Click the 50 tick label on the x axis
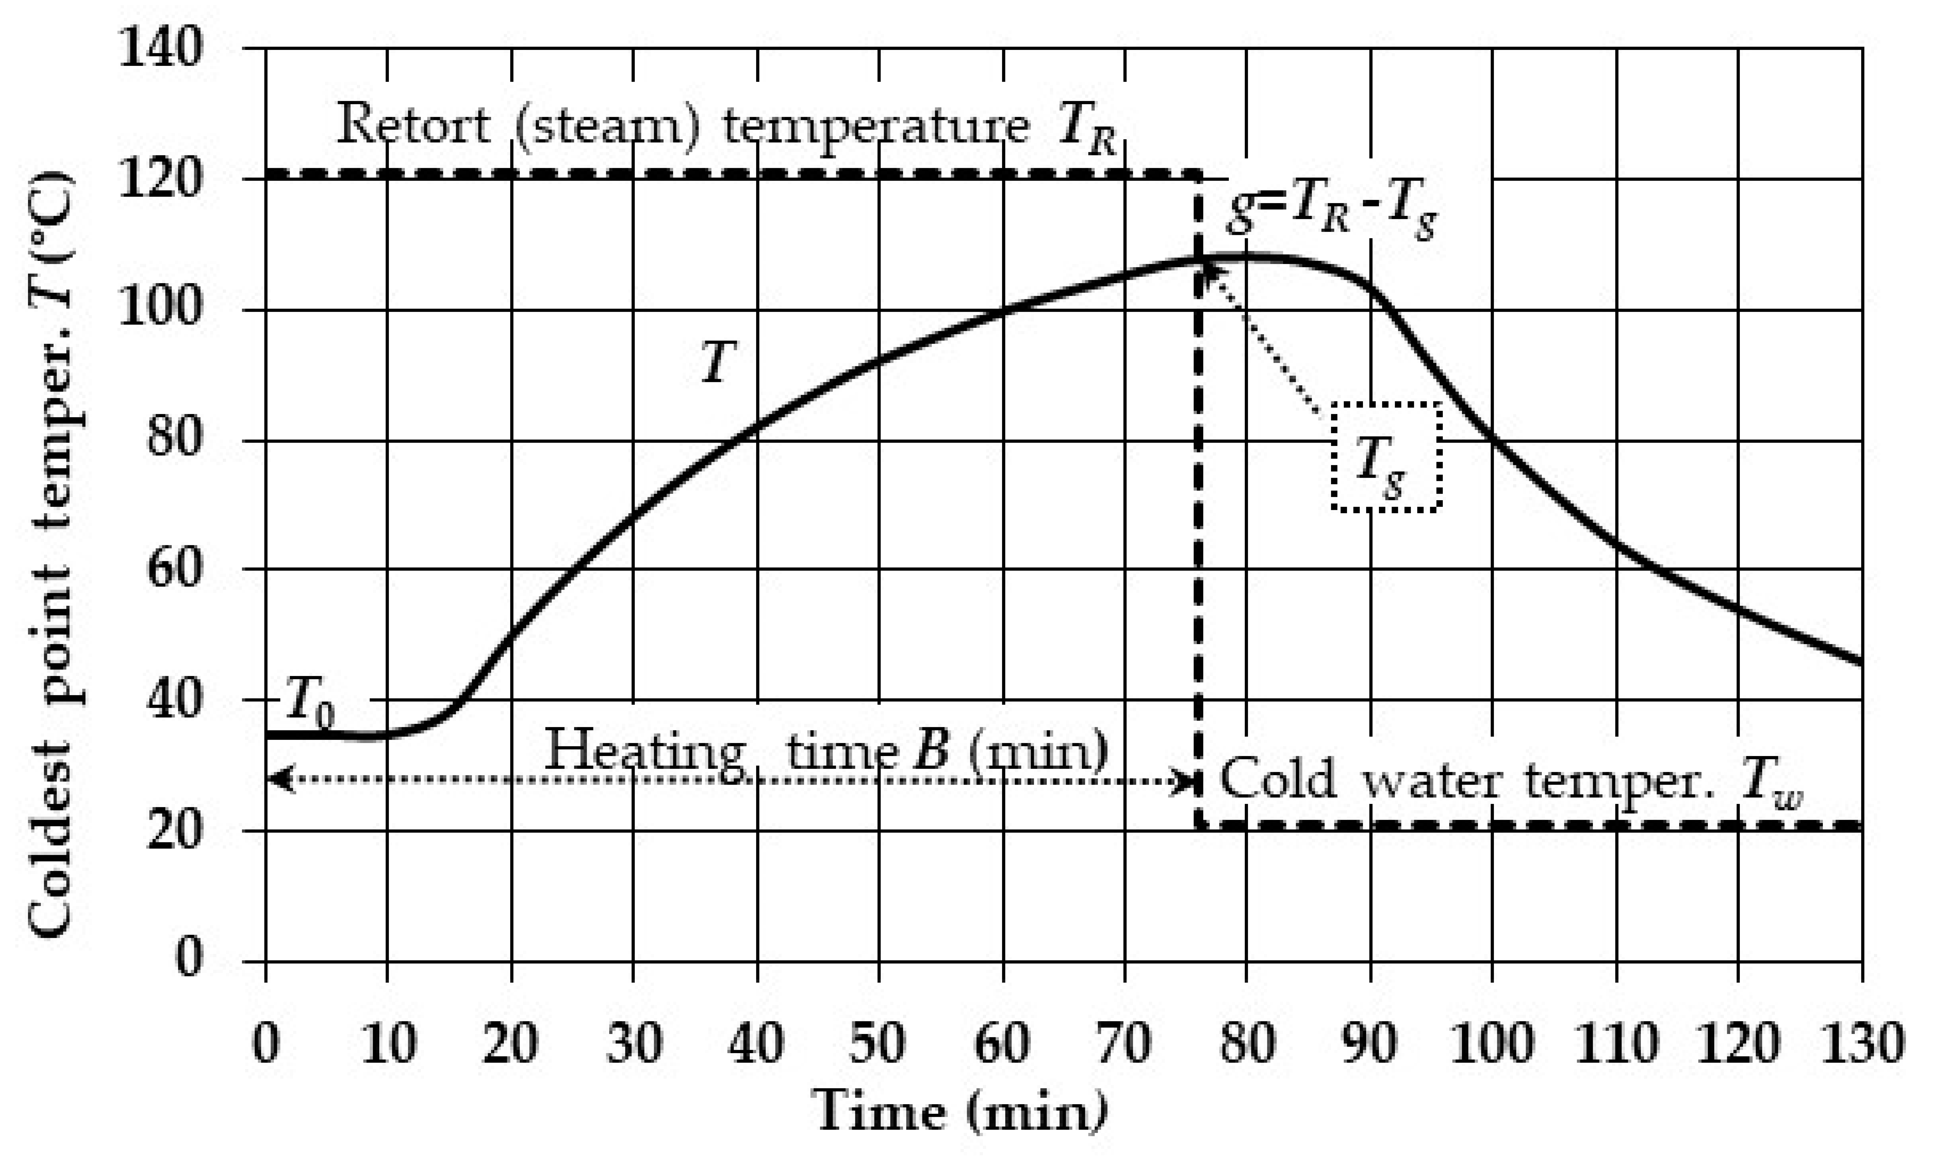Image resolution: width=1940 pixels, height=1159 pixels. point(878,1043)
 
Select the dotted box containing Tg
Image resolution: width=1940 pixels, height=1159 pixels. point(1386,457)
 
